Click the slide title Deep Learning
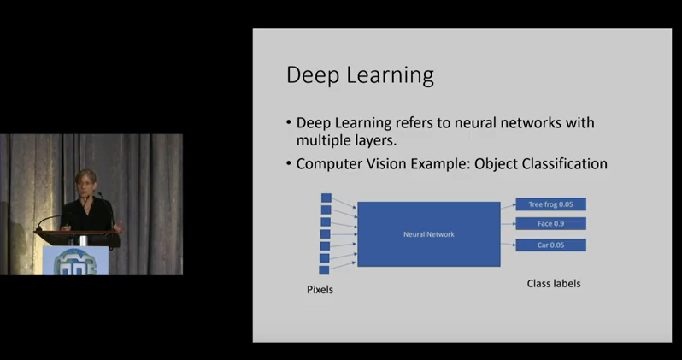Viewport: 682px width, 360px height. pyautogui.click(x=360, y=75)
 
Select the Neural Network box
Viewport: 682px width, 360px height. pyautogui.click(x=429, y=234)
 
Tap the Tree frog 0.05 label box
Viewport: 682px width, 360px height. pyautogui.click(x=550, y=204)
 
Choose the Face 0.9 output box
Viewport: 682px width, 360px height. pyautogui.click(x=550, y=224)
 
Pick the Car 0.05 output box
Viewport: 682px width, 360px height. pyautogui.click(x=550, y=245)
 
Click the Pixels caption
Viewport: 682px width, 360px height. pyautogui.click(x=320, y=290)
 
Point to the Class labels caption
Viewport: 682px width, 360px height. pyautogui.click(x=554, y=283)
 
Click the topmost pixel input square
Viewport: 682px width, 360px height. pyautogui.click(x=326, y=198)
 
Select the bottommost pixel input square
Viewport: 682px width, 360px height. pyautogui.click(x=324, y=270)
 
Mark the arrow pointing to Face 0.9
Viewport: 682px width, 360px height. pyautogui.click(x=508, y=224)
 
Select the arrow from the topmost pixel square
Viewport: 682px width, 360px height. pyautogui.click(x=344, y=203)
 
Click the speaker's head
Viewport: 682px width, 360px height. pyautogui.click(x=85, y=181)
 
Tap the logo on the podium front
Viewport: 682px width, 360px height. pyautogui.click(x=75, y=262)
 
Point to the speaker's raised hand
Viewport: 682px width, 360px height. pyautogui.click(x=118, y=226)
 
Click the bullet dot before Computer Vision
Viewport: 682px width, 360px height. pyautogui.click(x=289, y=163)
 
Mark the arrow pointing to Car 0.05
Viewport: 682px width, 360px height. pyautogui.click(x=508, y=245)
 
